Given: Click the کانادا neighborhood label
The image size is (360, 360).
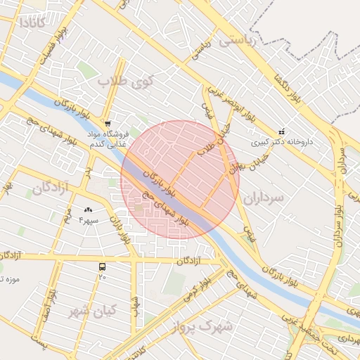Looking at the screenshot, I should [x=32, y=22].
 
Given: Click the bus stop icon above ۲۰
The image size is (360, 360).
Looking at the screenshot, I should [x=103, y=267].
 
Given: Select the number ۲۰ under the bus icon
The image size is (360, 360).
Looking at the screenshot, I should [x=103, y=277].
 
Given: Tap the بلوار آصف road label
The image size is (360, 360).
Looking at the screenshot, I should [x=51, y=295].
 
